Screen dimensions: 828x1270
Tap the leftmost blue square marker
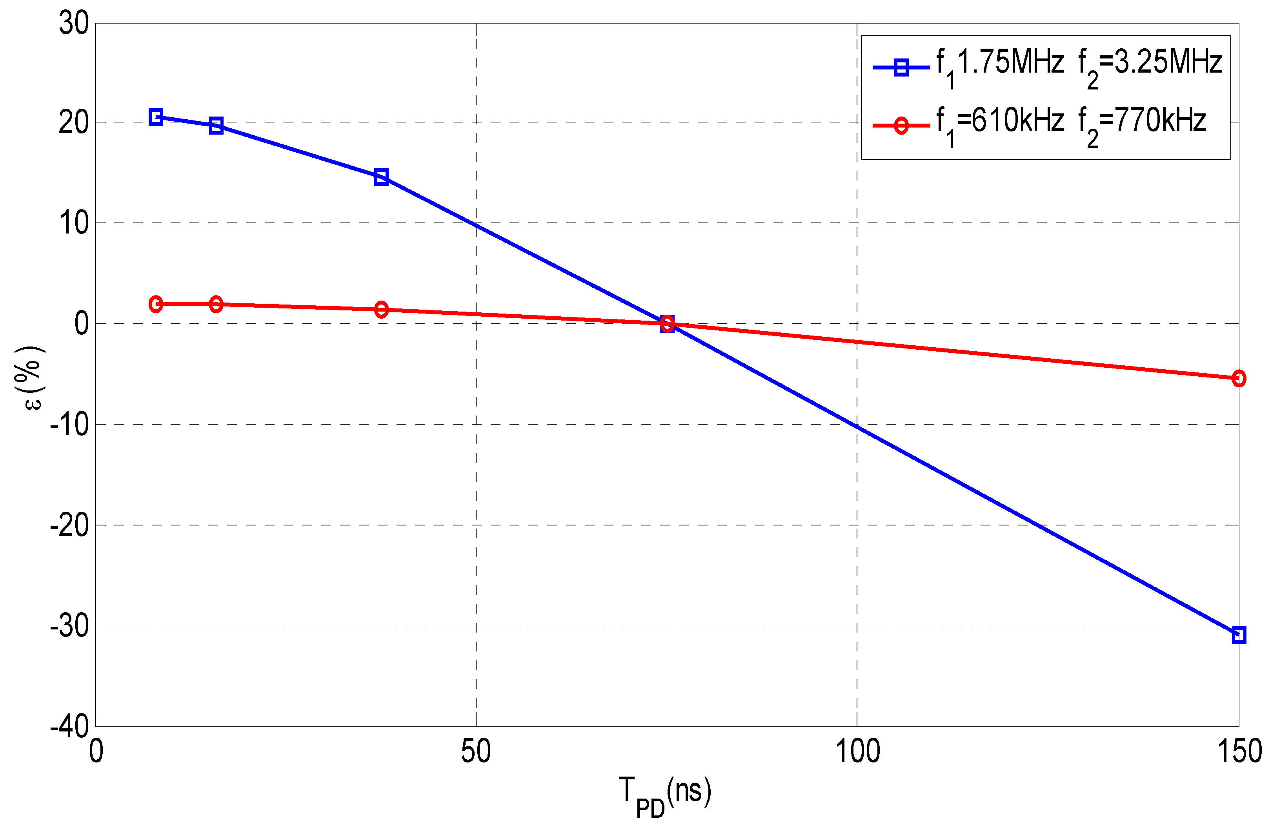156,117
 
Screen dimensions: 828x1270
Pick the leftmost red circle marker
156,304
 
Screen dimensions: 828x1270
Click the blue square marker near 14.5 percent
381,177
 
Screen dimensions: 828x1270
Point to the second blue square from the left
216,126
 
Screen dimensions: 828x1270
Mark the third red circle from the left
381,309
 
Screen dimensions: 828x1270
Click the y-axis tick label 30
74,24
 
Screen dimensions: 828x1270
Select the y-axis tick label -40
69,727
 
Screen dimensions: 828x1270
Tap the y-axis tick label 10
74,223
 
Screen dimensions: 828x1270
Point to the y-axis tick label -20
69,525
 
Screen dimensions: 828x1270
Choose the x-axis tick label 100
857,751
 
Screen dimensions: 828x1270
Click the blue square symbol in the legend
901,67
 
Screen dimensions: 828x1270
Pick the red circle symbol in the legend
901,126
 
